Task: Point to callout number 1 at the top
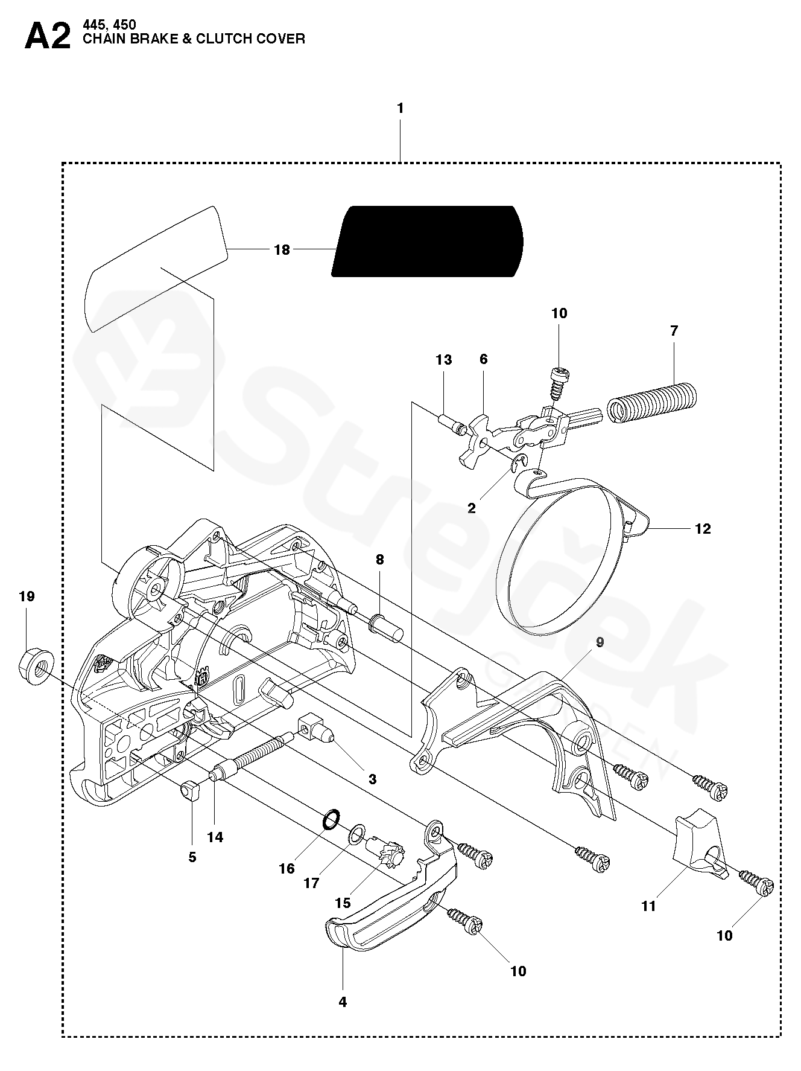click(400, 109)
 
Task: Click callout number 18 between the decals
click(282, 249)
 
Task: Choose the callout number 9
click(600, 642)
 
